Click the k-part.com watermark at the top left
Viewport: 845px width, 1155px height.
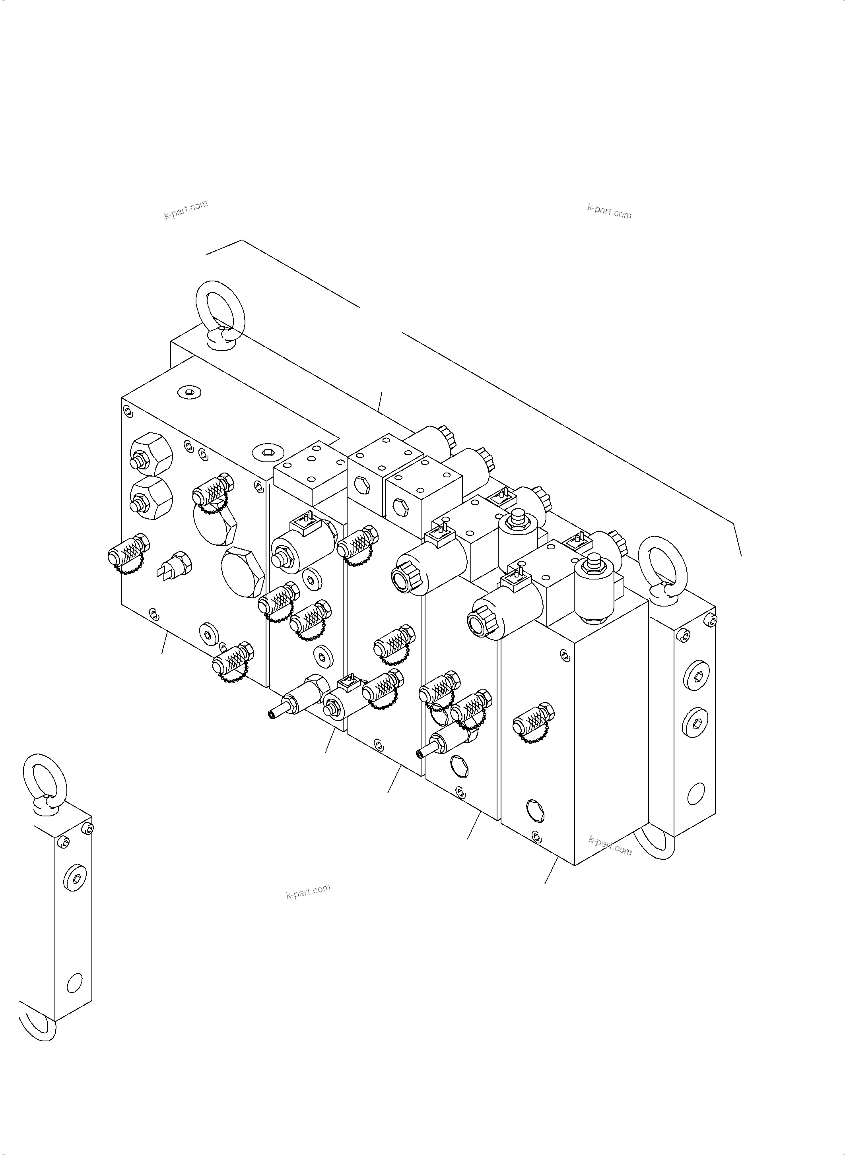(x=186, y=209)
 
